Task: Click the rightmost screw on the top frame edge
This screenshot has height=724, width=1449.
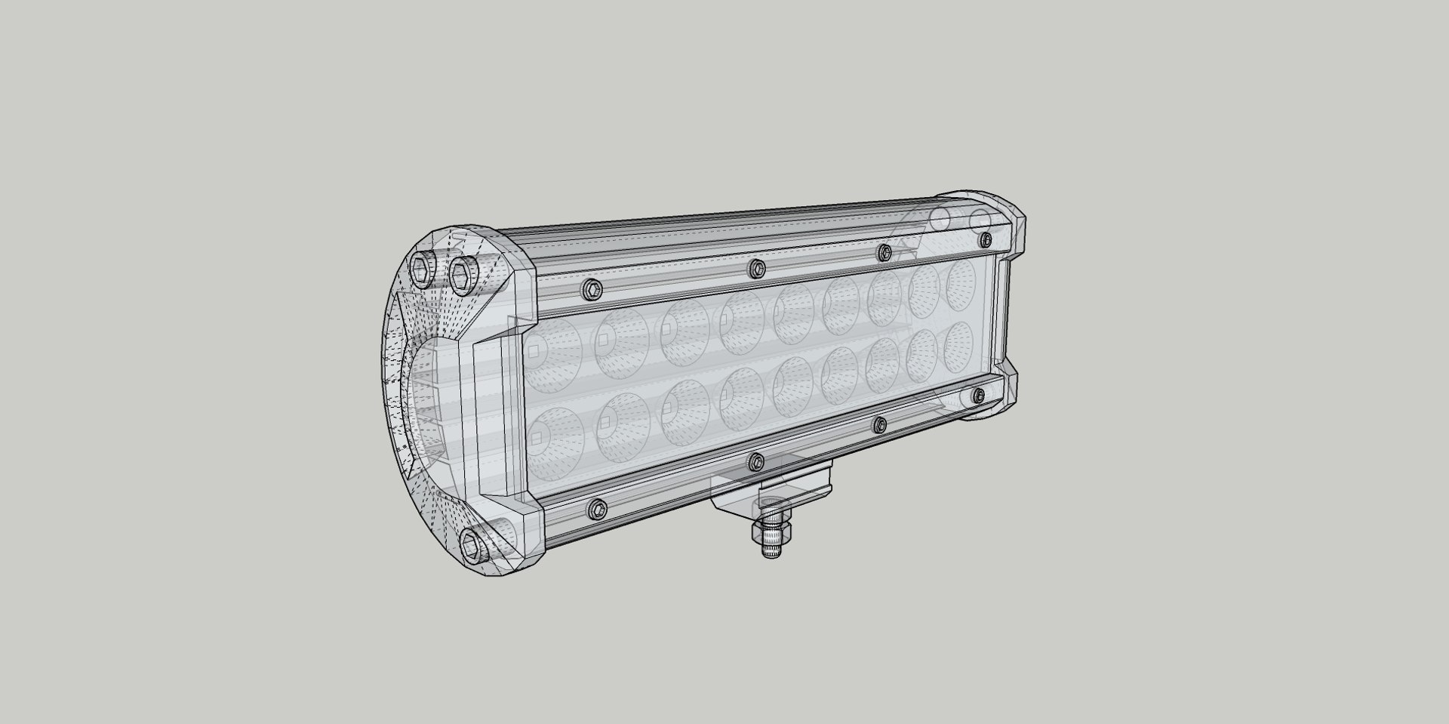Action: (985, 239)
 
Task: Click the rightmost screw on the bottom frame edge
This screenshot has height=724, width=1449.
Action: (978, 394)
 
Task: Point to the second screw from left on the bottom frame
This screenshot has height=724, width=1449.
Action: (756, 461)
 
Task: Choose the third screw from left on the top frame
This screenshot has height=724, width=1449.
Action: (884, 252)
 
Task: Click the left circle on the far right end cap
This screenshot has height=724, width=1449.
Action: (940, 219)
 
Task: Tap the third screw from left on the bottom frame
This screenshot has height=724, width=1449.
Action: (878, 426)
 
